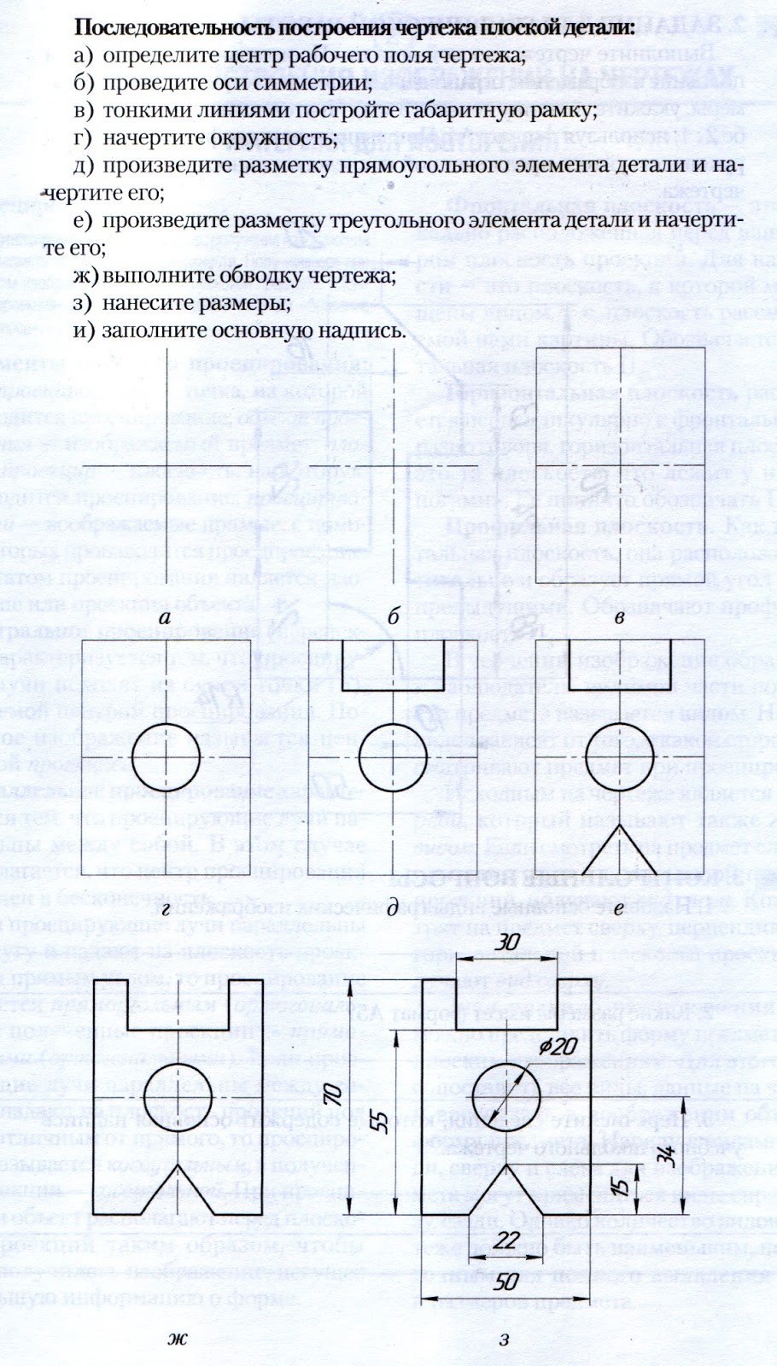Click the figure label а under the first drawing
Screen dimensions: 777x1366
166,617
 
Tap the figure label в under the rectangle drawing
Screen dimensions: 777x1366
621,617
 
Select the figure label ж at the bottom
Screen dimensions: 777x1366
178,1339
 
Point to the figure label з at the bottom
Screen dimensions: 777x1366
505,1339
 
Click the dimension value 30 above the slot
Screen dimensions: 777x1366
510,942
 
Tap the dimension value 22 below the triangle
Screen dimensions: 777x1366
509,1240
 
